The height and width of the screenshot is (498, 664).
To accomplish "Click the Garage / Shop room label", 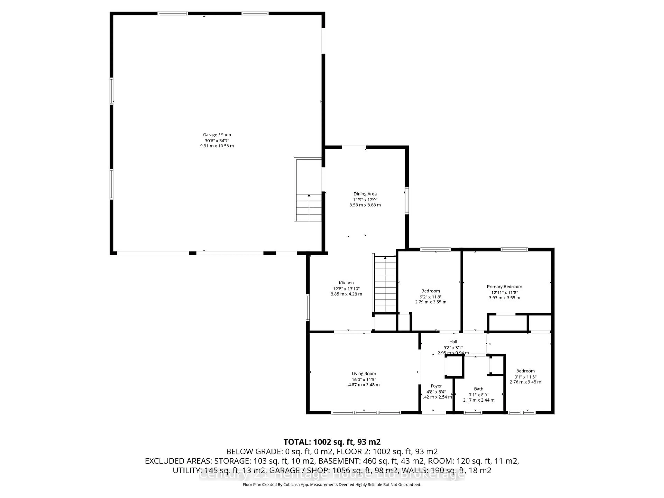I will coord(217,135).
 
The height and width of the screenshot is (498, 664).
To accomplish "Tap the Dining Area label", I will coord(365,194).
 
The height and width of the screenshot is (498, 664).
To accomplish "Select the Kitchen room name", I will coord(346,283).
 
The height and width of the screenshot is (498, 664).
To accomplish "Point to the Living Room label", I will coord(364,374).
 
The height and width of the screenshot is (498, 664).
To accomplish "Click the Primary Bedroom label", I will coord(504,287).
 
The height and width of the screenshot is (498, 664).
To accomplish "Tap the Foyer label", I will coord(436,386).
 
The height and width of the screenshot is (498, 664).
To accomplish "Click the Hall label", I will coord(453,342).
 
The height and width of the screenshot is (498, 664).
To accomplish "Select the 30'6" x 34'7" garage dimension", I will coord(217,140).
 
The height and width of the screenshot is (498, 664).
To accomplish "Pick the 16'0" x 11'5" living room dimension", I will coord(364,379).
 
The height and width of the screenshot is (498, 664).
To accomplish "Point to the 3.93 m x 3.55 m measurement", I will coord(504,298).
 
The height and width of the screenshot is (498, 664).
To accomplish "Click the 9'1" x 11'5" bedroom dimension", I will coord(525,377).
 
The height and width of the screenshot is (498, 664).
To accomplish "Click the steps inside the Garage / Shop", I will coord(309,207).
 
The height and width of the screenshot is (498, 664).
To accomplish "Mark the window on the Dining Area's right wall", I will coord(407,201).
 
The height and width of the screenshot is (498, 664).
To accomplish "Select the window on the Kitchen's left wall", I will coord(308,308).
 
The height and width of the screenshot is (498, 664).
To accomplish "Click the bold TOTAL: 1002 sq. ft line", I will coord(332,442).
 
